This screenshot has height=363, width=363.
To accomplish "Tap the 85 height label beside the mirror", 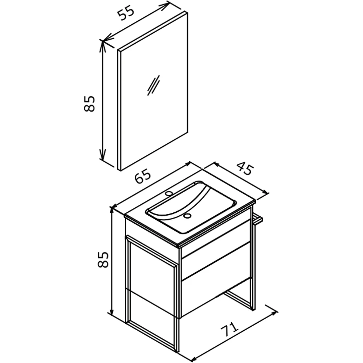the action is pyautogui.click(x=89, y=103).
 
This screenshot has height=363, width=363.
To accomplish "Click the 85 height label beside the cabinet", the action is pyautogui.click(x=103, y=259).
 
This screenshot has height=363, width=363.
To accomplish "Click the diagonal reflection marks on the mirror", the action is pyautogui.click(x=154, y=85).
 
